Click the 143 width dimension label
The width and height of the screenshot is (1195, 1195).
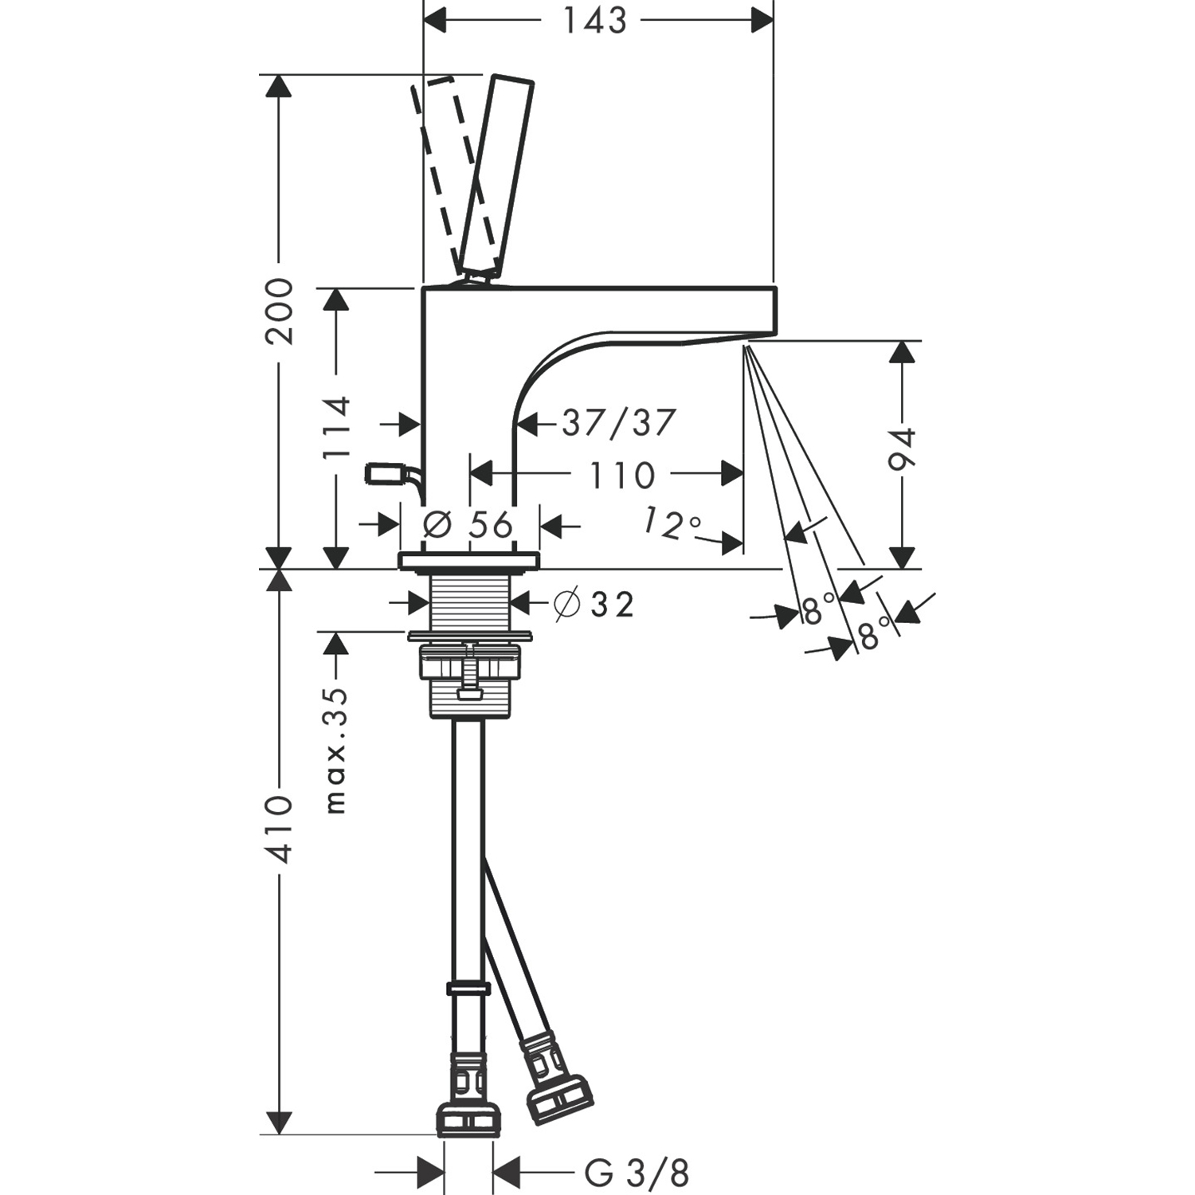tap(595, 21)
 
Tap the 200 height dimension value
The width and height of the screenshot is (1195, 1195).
tap(279, 311)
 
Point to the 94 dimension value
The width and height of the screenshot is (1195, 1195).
tap(903, 449)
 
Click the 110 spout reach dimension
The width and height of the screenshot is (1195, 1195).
tap(621, 476)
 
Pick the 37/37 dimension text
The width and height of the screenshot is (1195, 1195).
tap(619, 423)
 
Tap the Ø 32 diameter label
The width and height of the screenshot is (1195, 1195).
tap(594, 605)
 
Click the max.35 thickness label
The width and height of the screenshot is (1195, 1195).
tap(336, 750)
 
